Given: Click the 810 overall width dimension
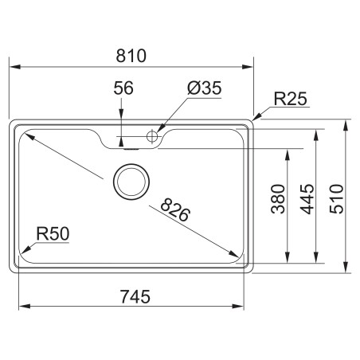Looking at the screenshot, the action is point(131,56).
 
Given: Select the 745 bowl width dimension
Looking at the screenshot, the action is point(135,296).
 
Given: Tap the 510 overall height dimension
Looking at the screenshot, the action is point(336,199).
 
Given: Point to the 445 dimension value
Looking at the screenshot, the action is point(307,199).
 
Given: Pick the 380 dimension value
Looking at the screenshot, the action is point(278,199).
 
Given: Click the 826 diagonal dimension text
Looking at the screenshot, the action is point(175,210).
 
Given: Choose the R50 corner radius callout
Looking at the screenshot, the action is point(53,233).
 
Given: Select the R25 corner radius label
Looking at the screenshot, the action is point(290,99).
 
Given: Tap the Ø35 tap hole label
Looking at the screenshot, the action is point(204,88).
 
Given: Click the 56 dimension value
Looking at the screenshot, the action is point(123,88).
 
